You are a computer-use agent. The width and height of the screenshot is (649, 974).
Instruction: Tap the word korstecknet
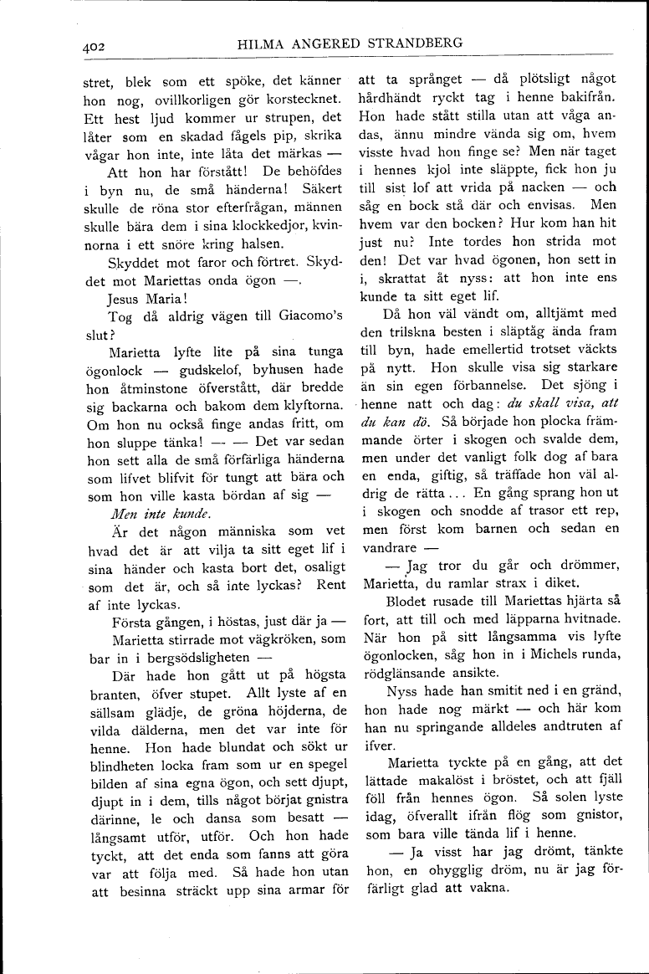[x=304, y=100]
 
